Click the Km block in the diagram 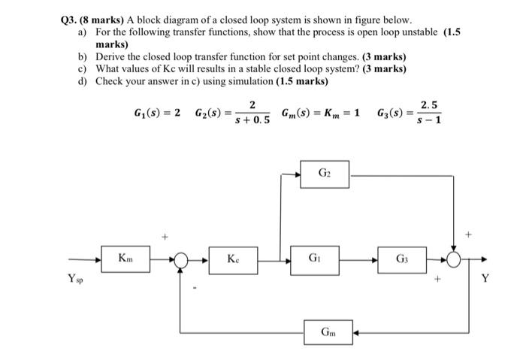coord(125,259)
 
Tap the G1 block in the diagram coord(320,259)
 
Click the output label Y coord(485,280)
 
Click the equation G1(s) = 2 coord(156,113)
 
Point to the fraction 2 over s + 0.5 coord(252,113)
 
